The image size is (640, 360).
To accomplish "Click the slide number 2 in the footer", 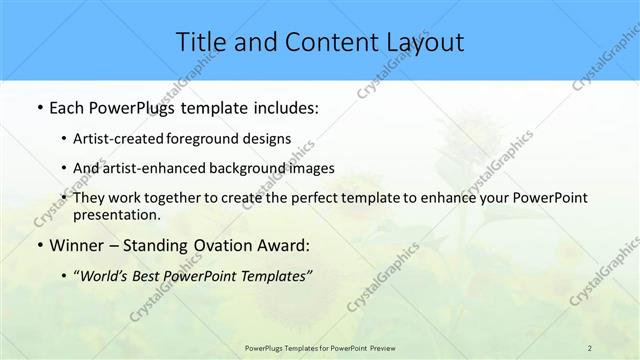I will point(590,347).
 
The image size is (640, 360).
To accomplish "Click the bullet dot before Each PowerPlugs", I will point(38,108).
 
